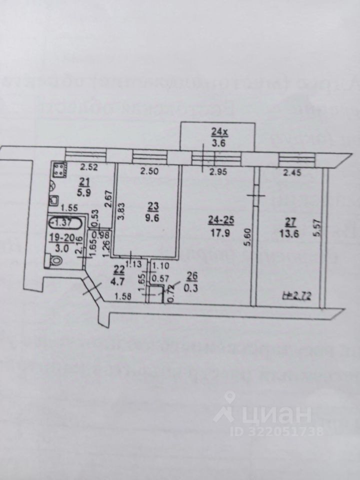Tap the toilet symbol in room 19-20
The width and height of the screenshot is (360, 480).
(x=54, y=260)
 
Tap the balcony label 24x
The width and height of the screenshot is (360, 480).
(x=218, y=132)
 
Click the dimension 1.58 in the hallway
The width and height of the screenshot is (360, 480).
(x=123, y=298)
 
